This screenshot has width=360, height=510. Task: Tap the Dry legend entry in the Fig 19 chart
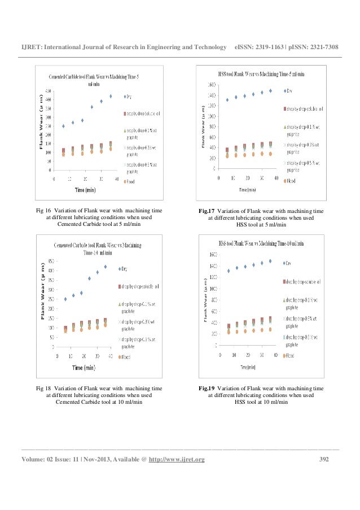(288, 263)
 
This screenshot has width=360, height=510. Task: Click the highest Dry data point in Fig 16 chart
(111, 96)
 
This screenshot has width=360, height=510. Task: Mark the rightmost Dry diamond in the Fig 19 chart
(270, 261)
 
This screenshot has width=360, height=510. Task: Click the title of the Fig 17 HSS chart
(261, 74)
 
